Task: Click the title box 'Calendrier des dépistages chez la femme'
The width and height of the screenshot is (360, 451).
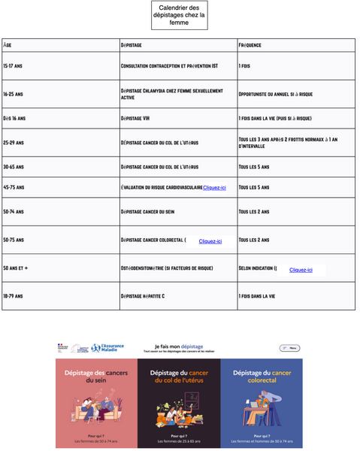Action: [x=178, y=14]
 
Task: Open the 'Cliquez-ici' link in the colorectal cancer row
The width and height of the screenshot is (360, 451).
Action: [x=210, y=241]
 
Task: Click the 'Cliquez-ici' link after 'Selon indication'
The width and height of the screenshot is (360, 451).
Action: [x=301, y=269]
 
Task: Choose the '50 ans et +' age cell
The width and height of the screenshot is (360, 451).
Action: [x=16, y=268]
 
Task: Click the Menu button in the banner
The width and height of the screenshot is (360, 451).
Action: [x=289, y=348]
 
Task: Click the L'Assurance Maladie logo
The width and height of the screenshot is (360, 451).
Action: [x=106, y=348]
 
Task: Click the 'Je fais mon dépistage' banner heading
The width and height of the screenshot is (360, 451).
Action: [x=178, y=347]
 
